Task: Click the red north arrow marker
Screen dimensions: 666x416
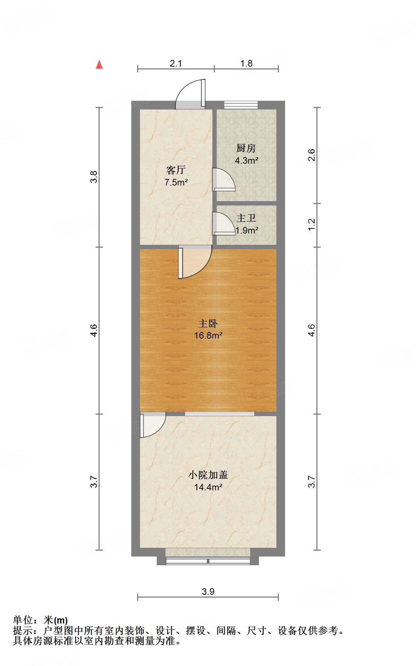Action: coord(99,64)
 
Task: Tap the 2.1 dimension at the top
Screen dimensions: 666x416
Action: coord(176,63)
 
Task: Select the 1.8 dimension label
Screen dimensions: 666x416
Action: coord(246,63)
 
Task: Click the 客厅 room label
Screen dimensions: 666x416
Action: coord(176,170)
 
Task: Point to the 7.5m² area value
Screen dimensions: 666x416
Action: coord(176,182)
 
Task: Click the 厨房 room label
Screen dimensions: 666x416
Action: coord(246,148)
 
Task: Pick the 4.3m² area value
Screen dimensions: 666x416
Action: coord(247,160)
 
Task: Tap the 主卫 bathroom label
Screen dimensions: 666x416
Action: coord(246,218)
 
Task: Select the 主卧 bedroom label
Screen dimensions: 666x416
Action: coord(208,323)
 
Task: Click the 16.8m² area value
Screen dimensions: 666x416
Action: coord(208,335)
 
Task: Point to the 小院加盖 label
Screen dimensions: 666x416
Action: coord(208,475)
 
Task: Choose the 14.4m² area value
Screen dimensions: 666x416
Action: coord(208,487)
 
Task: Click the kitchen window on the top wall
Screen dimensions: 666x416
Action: coord(241,105)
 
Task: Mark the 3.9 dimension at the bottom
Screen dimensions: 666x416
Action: coord(208,592)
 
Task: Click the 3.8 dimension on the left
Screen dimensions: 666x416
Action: coord(94,177)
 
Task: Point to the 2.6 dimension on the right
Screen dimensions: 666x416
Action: coord(312,155)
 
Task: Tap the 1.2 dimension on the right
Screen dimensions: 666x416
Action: coord(312,224)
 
